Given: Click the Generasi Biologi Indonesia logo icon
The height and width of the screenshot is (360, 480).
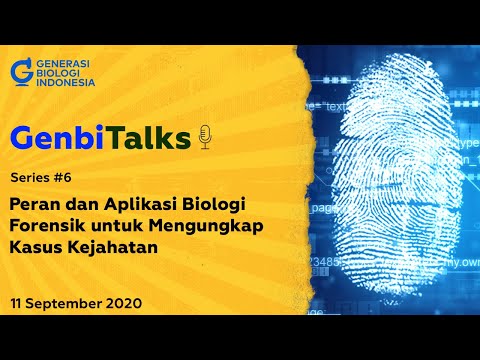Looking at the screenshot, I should [20, 72].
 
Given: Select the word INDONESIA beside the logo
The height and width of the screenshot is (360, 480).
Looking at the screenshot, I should [64, 82].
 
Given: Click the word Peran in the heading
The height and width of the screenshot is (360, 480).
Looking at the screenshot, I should [37, 203].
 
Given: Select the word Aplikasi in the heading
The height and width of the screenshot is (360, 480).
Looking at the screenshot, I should [140, 203].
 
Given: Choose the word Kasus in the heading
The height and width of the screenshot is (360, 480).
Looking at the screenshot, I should [36, 247].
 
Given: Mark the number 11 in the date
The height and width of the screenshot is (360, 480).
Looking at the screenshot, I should [18, 302].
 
